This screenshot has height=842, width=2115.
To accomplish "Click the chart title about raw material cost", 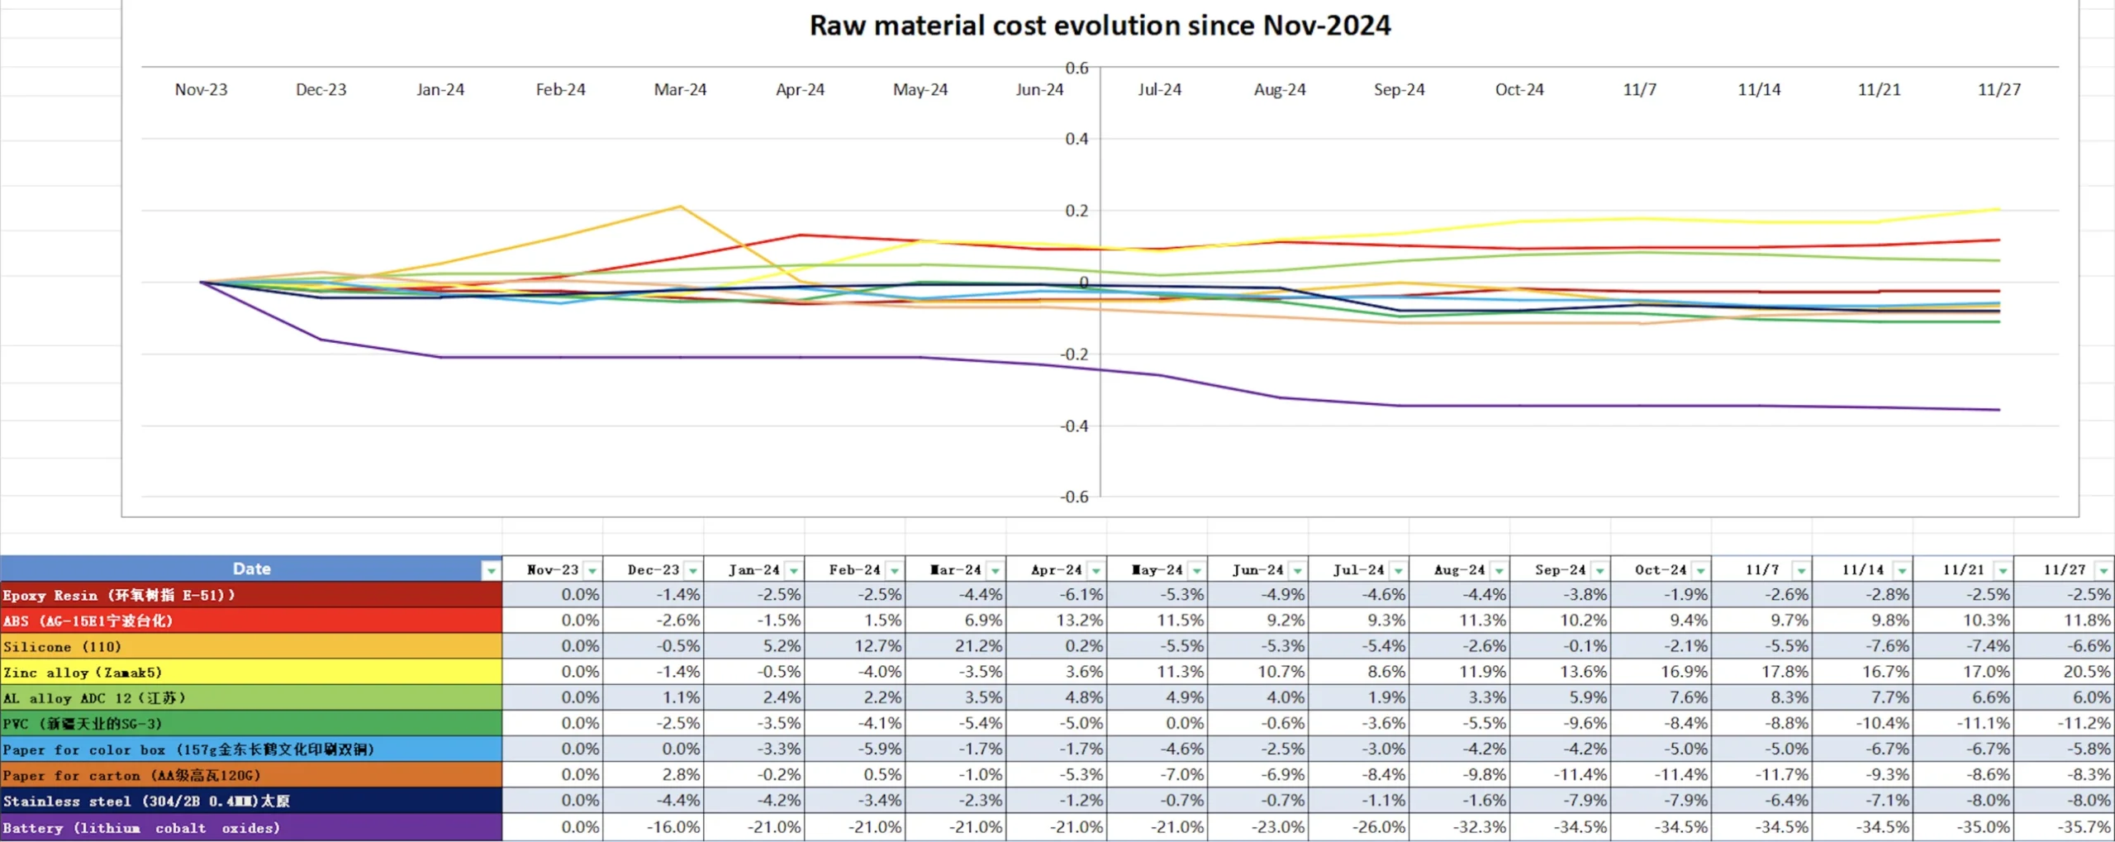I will point(1099,26).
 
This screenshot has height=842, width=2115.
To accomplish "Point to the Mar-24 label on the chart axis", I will point(680,89).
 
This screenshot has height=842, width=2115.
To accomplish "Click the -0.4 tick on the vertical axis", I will point(1074,426).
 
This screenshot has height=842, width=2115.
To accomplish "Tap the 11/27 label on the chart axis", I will point(1999,89).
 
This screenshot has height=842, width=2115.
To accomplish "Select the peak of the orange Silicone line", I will point(680,207).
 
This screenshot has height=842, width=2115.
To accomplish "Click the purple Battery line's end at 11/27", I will point(1999,410).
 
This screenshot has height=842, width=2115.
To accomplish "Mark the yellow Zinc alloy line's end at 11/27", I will point(1999,209).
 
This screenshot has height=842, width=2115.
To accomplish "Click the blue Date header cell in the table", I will point(251,568).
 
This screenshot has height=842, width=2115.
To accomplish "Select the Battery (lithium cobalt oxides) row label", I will point(140,827).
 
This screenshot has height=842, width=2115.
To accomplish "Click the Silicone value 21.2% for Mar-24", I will point(980,646).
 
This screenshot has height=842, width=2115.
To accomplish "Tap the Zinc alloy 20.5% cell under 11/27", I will point(2087,672).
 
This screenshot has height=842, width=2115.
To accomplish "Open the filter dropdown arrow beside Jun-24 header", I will point(1297,571).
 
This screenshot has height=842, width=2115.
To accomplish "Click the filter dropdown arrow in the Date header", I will point(491,570).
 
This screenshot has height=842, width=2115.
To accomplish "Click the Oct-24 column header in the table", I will point(1659,569).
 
